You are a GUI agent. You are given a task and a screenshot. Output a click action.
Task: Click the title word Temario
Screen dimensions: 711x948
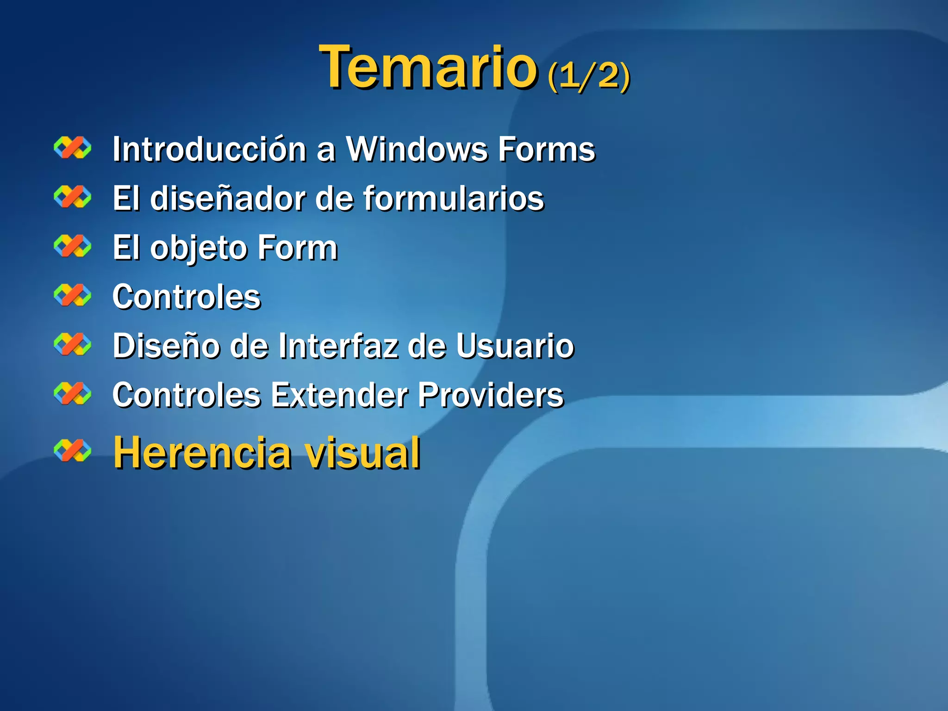[x=428, y=67]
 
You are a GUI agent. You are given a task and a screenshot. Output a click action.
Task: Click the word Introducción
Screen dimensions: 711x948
[x=209, y=150]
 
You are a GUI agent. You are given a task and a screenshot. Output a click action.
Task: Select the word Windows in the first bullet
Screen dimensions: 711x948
[x=417, y=150]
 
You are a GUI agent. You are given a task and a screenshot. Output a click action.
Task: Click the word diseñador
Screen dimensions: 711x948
[x=228, y=199]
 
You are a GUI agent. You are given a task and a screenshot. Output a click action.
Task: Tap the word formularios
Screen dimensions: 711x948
[x=454, y=199]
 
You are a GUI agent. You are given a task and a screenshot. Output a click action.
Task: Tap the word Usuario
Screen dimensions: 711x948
[x=515, y=346]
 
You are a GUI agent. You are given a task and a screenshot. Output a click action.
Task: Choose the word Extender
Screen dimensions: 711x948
[x=339, y=395]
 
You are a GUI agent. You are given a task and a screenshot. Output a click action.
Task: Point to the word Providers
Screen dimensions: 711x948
[x=491, y=395]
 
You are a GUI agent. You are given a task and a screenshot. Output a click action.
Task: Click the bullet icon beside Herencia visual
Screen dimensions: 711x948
[x=73, y=451]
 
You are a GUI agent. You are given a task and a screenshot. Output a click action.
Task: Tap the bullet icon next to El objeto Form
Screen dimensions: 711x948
[x=73, y=246]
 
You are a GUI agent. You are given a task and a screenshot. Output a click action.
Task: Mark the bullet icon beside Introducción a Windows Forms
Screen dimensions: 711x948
[x=73, y=148]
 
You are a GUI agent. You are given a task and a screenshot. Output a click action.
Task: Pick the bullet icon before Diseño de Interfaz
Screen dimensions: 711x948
[x=73, y=344]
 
